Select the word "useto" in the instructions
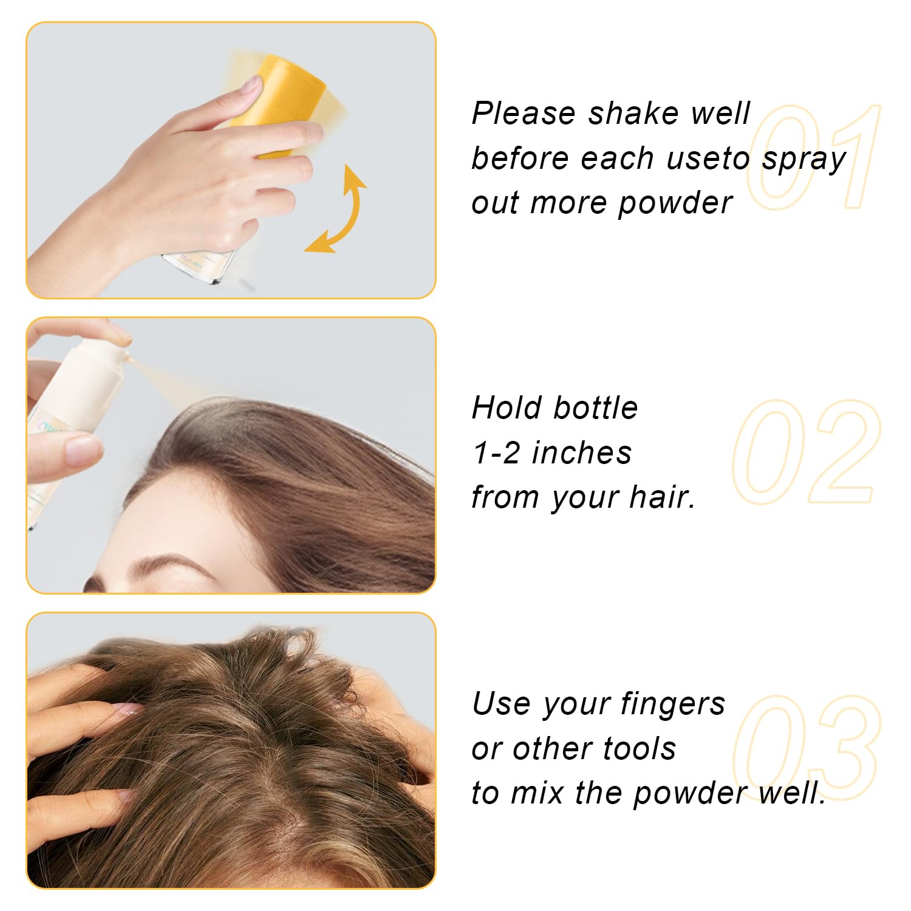[708, 159]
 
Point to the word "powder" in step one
[675, 203]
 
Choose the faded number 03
[807, 748]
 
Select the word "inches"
[582, 453]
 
